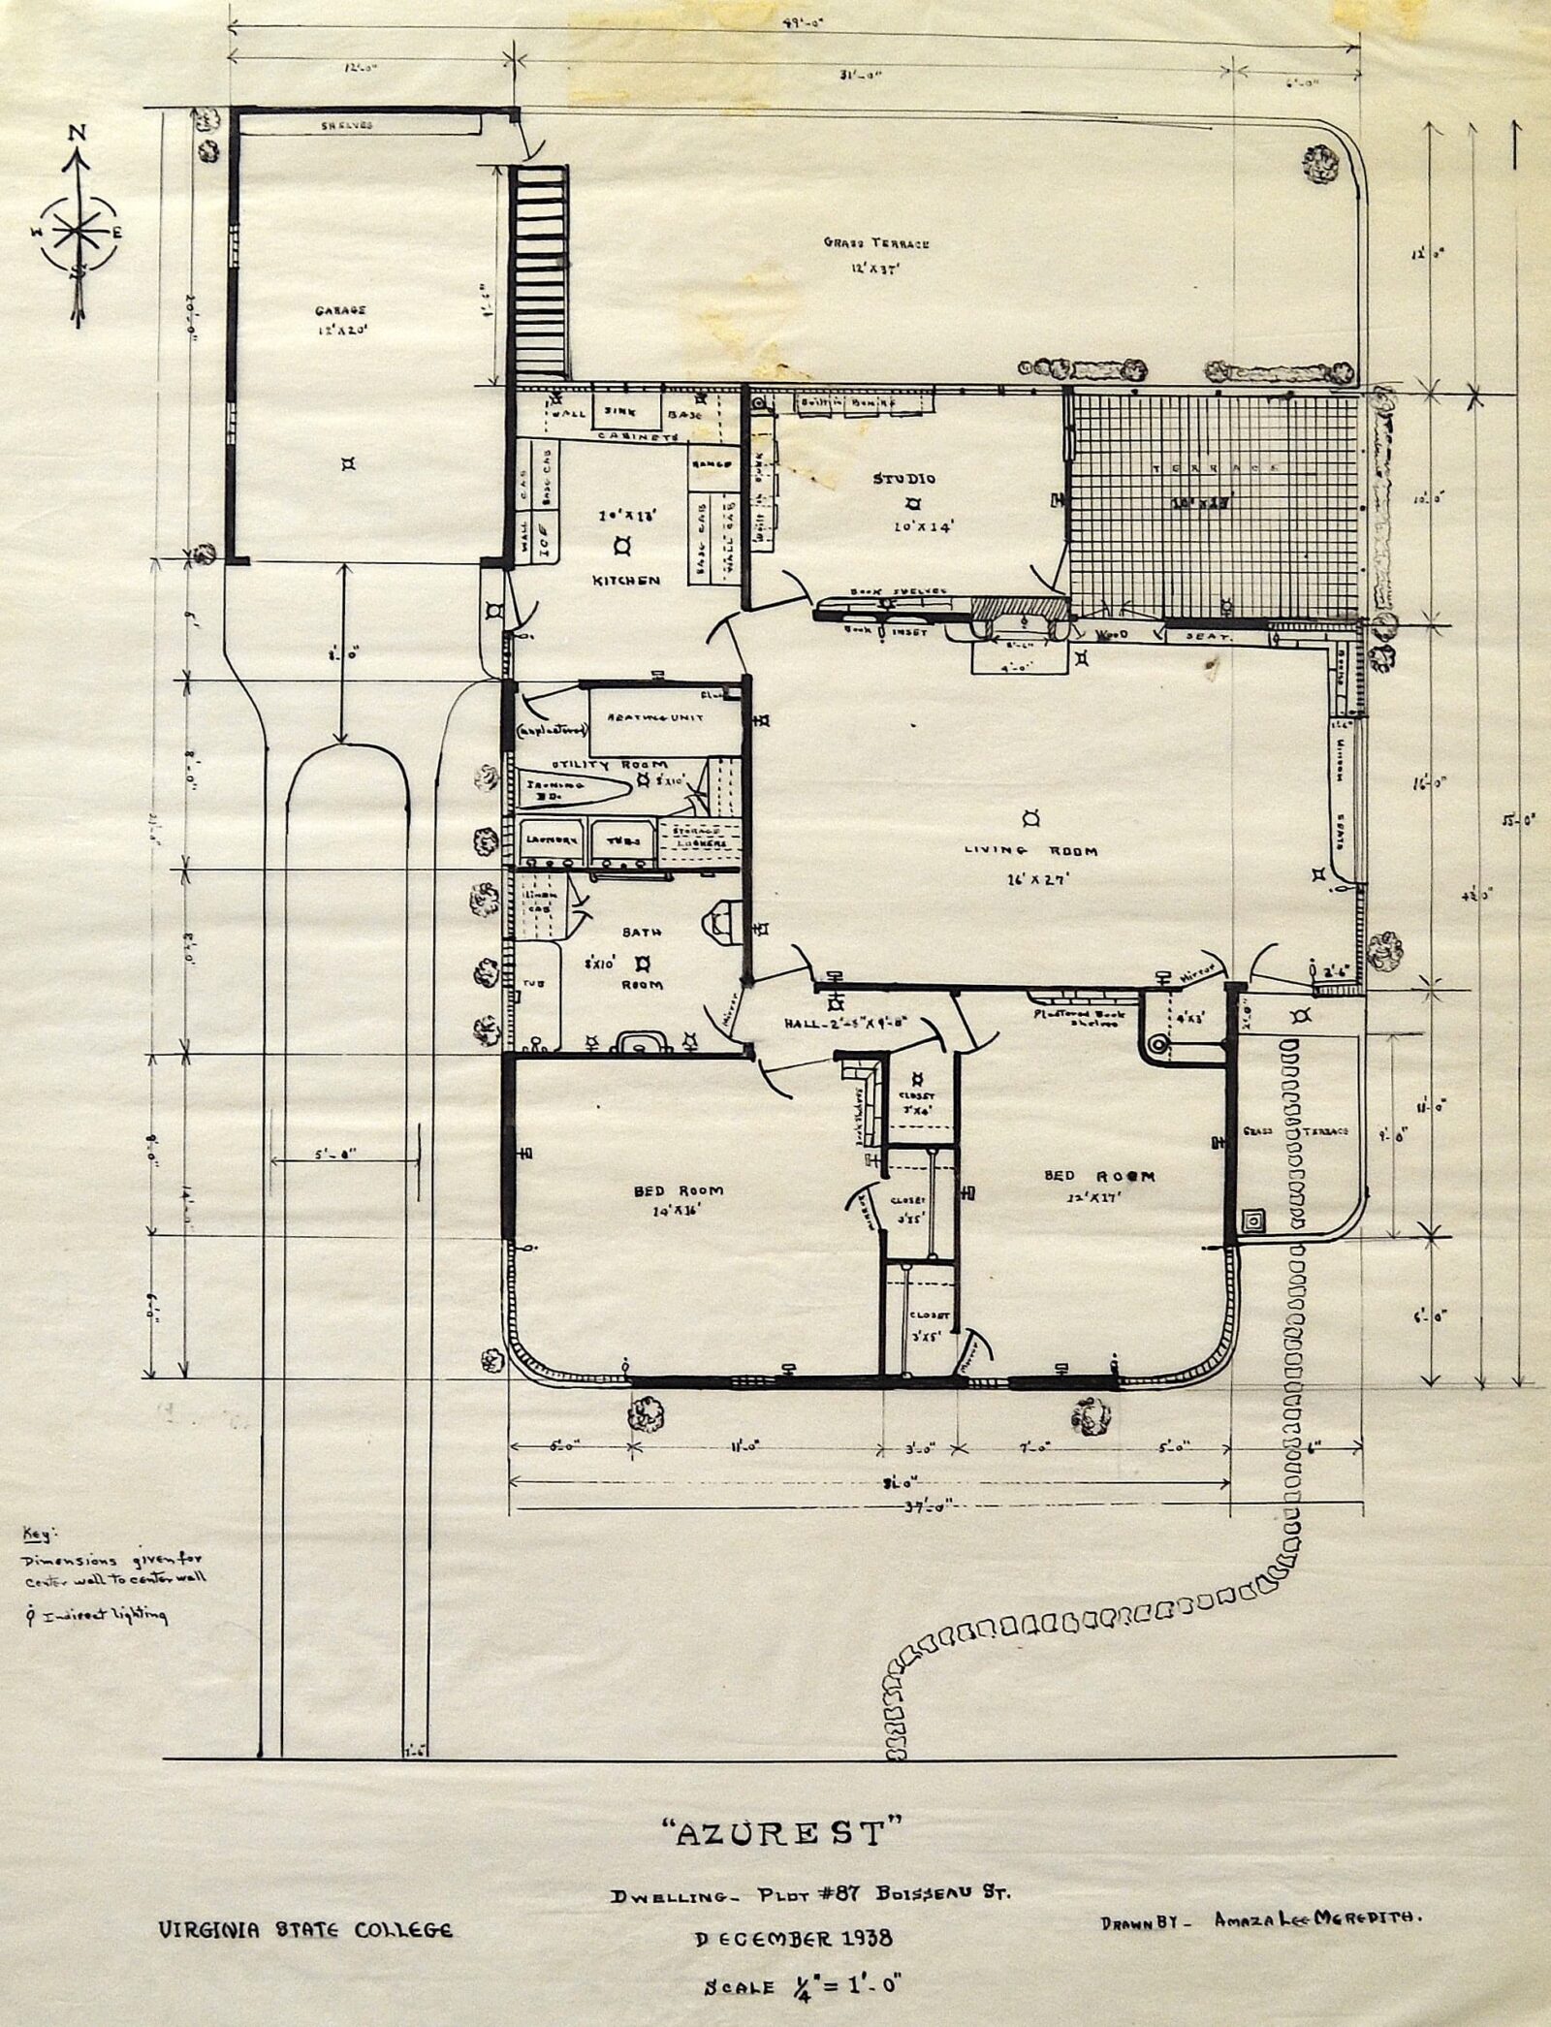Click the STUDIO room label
[x=903, y=479]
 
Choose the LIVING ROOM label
[x=1030, y=850]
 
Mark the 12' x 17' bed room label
[x=1098, y=1176]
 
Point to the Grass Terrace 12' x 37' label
[x=876, y=243]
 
